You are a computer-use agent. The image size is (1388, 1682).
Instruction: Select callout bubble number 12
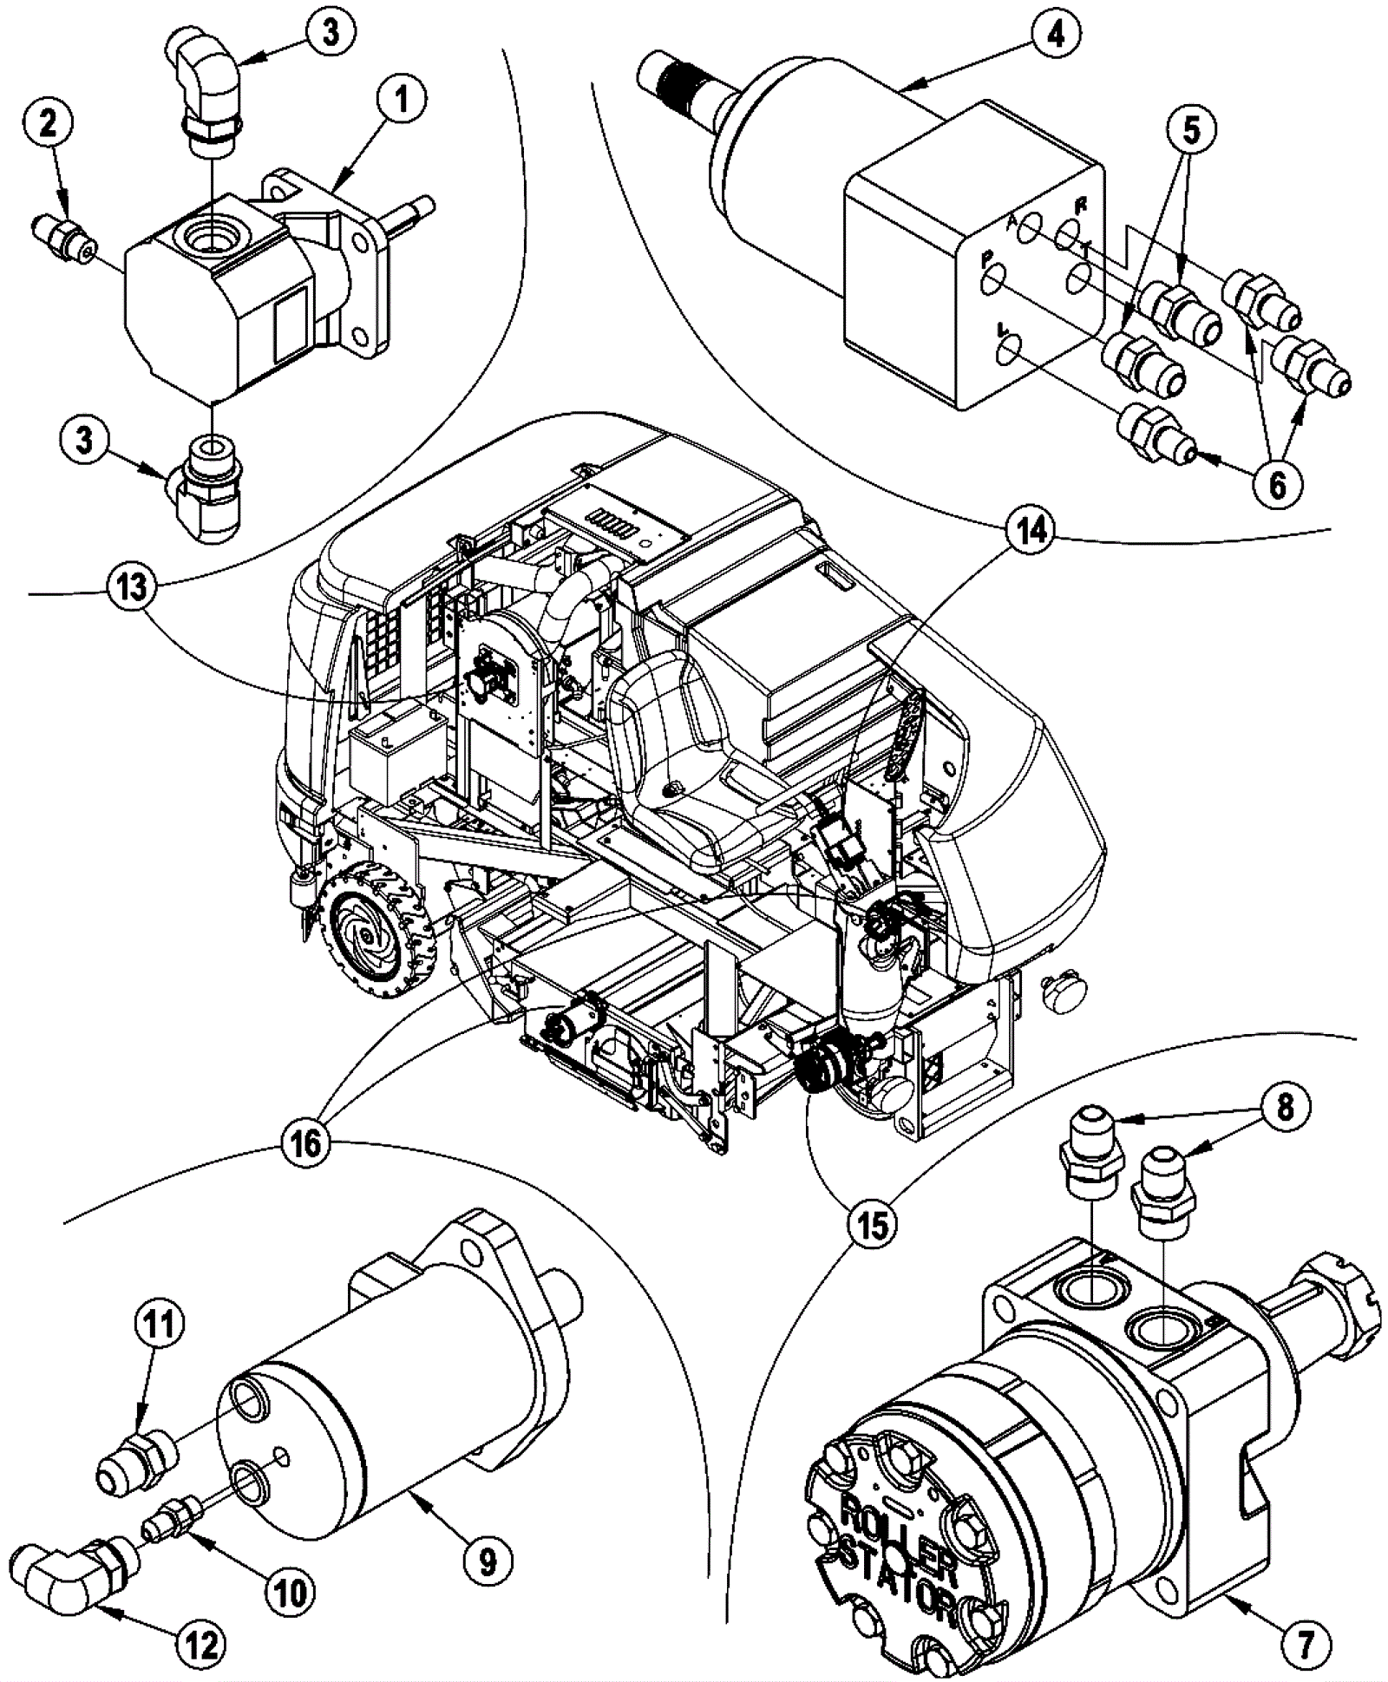(201, 1644)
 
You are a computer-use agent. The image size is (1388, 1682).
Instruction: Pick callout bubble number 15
(873, 1225)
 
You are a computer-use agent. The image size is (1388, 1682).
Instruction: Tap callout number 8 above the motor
(1285, 1107)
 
